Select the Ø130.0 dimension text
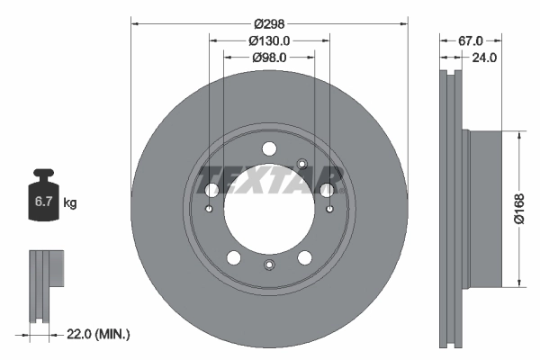pyautogui.click(x=269, y=40)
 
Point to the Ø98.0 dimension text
pyautogui.click(x=269, y=58)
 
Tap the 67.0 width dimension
pyautogui.click(x=471, y=40)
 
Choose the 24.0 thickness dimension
pyautogui.click(x=485, y=58)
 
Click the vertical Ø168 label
pyautogui.click(x=519, y=209)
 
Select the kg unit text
pyautogui.click(x=70, y=203)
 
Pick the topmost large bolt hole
pyautogui.click(x=269, y=149)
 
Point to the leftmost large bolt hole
pyautogui.click(x=212, y=190)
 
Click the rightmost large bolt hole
pyautogui.click(x=327, y=190)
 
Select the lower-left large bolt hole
pyautogui.click(x=234, y=258)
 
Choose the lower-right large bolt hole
pyautogui.click(x=305, y=258)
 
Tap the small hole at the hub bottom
pyautogui.click(x=269, y=265)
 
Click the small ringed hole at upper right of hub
pyautogui.click(x=302, y=164)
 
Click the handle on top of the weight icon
pyautogui.click(x=43, y=175)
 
